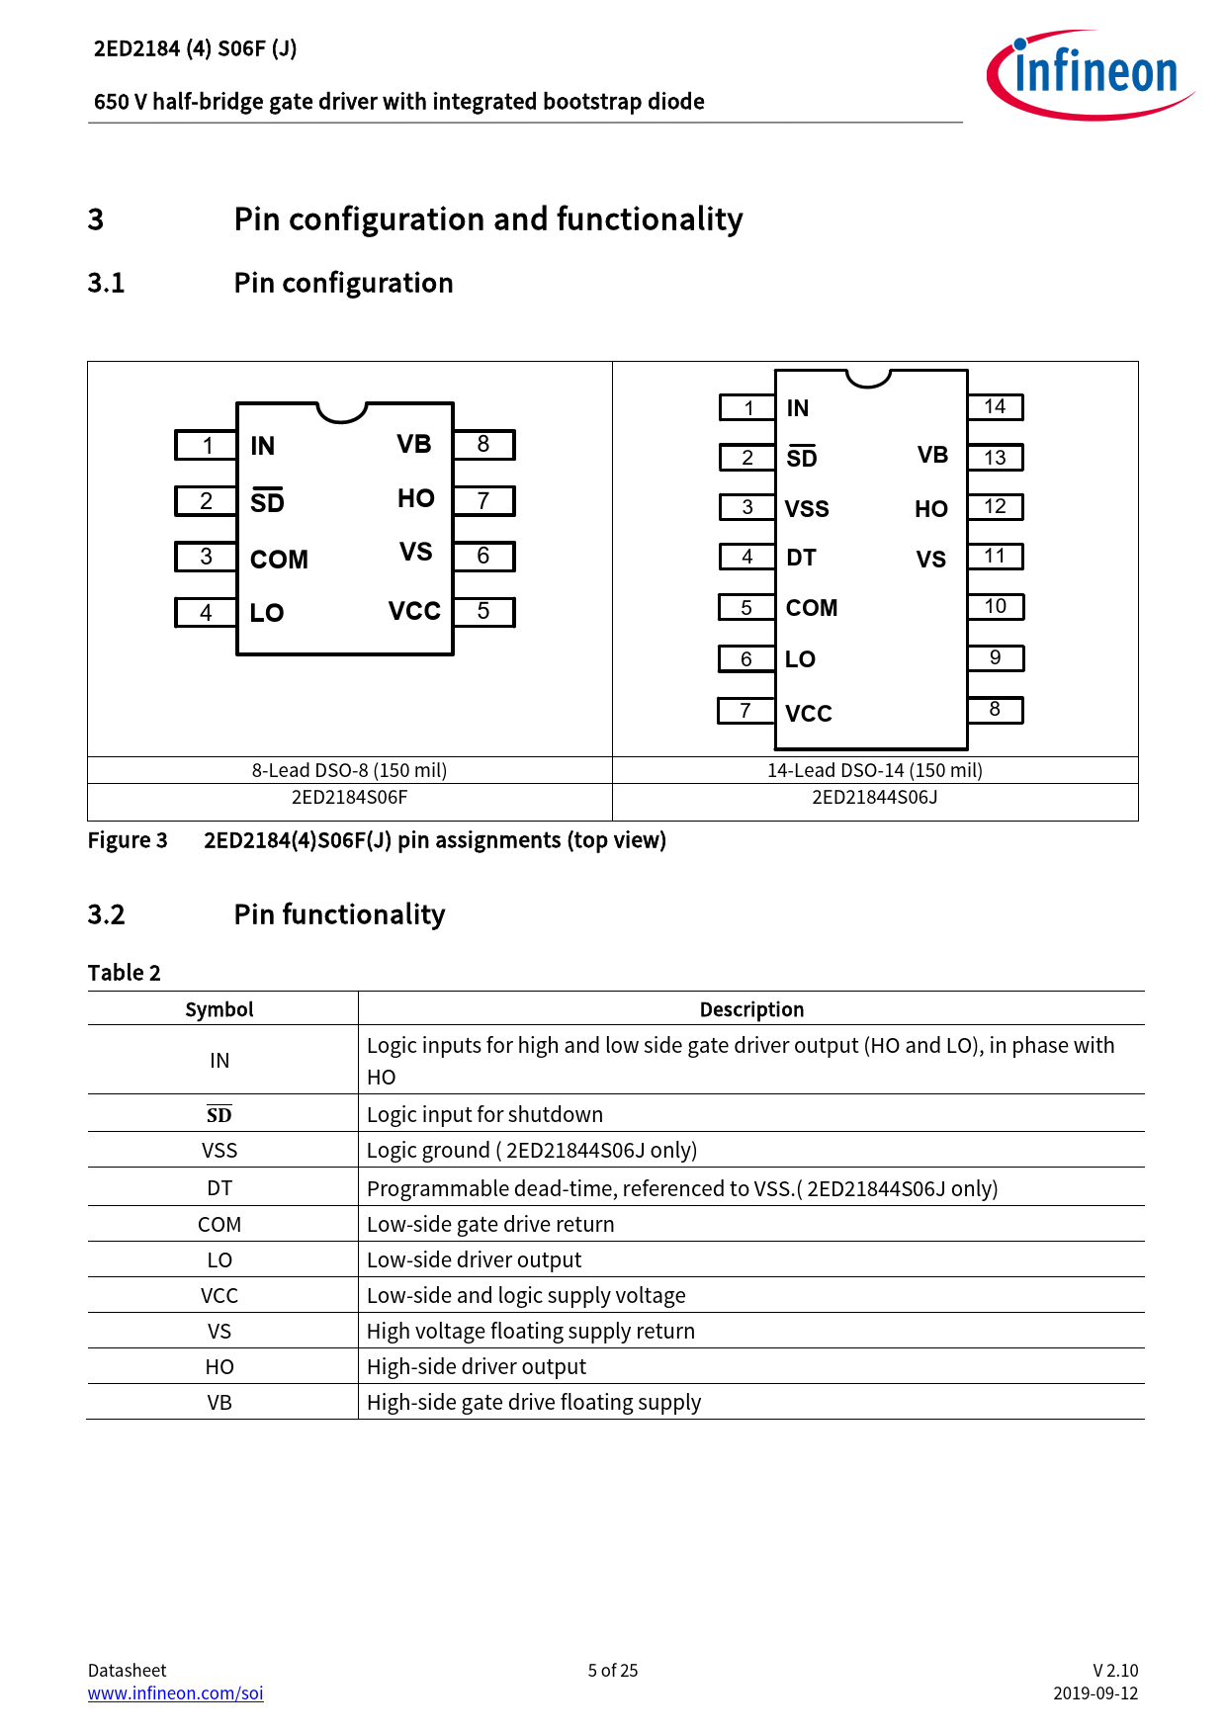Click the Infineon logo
click(1090, 74)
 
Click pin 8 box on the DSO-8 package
click(483, 445)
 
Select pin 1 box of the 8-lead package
click(207, 446)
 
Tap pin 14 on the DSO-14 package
click(995, 406)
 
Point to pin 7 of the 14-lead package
click(745, 711)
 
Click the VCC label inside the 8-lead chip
click(414, 612)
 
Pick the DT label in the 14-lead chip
click(801, 559)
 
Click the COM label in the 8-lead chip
click(279, 560)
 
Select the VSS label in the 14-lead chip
click(807, 509)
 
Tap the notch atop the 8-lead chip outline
click(342, 411)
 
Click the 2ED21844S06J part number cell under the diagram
click(874, 798)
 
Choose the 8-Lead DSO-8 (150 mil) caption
click(349, 770)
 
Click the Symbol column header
click(219, 1009)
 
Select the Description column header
click(751, 1009)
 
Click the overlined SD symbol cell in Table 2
click(219, 1115)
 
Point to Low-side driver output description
click(474, 1259)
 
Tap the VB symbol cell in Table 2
click(219, 1402)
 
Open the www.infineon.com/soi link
click(176, 1692)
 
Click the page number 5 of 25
click(613, 1670)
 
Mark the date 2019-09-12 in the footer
click(1095, 1692)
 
